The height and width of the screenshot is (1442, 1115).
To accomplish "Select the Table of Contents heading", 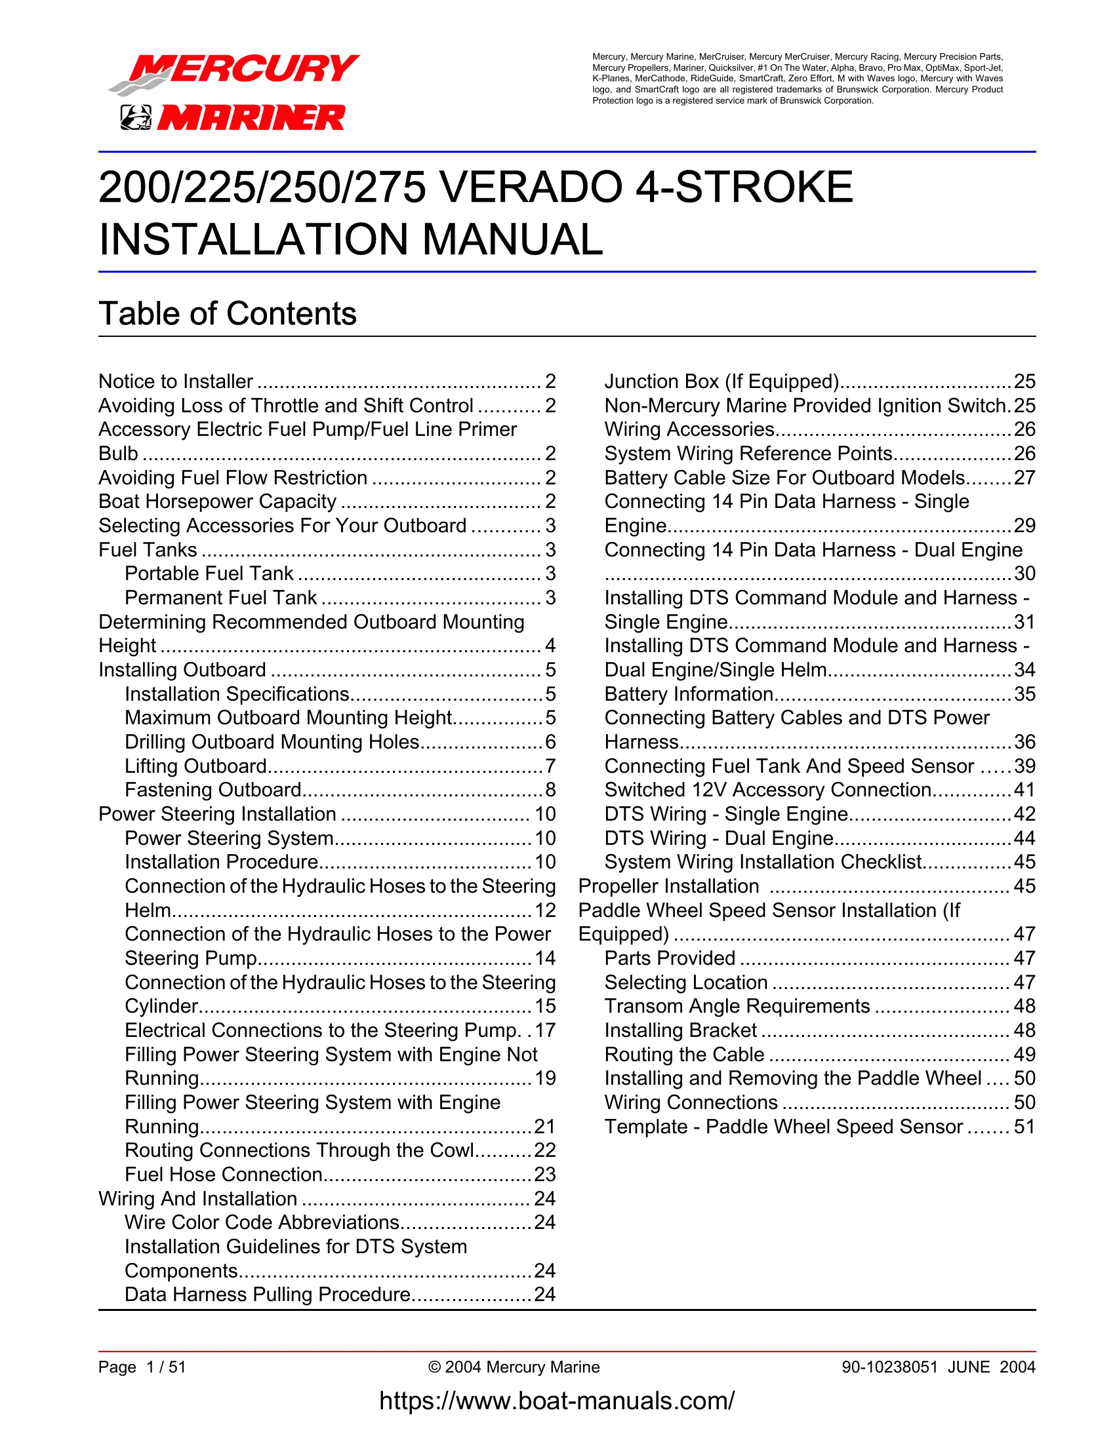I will click(x=227, y=313).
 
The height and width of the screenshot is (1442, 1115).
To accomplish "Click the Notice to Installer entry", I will click(x=176, y=381).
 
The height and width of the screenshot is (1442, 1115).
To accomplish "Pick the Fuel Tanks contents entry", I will click(x=148, y=550).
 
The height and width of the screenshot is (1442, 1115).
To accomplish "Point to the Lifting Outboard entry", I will click(x=195, y=767).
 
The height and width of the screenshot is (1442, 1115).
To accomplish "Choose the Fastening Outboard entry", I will click(x=213, y=790).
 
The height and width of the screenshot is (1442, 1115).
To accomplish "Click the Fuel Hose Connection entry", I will click(x=223, y=1175).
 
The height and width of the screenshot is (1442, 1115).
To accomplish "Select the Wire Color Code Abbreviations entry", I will click(x=262, y=1223).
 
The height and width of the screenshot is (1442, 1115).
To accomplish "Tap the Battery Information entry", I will click(x=689, y=695).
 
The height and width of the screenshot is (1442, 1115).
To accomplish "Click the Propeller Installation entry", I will click(x=668, y=887).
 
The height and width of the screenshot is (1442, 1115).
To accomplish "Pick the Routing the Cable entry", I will click(x=684, y=1055).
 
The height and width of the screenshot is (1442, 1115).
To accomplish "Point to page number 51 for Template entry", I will click(x=1024, y=1127).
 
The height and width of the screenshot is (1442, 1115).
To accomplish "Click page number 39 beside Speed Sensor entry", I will click(x=1024, y=767).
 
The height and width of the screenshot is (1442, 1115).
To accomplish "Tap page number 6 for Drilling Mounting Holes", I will click(x=550, y=742).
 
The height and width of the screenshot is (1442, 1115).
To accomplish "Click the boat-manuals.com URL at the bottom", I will click(x=557, y=1401).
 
